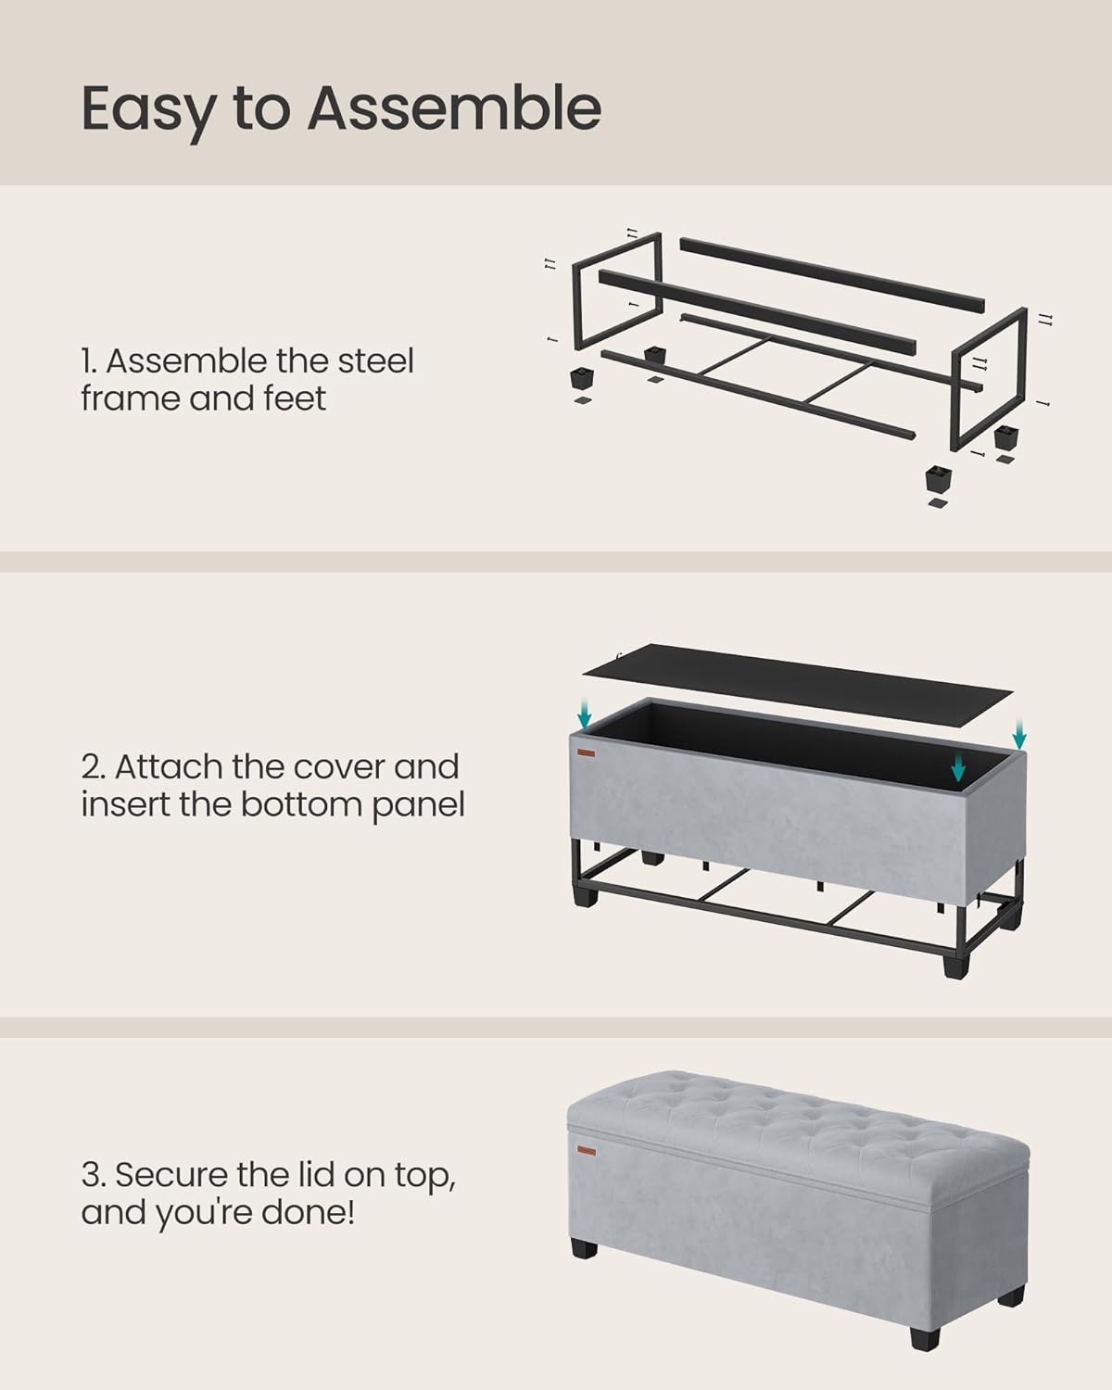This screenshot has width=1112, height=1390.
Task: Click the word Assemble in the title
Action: [x=454, y=108]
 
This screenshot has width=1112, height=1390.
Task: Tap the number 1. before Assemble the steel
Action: [x=89, y=361]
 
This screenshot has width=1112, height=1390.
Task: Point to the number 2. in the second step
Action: [x=93, y=767]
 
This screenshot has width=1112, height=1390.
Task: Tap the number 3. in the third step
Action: [x=94, y=1175]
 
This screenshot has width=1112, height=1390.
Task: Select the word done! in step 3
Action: [x=310, y=1212]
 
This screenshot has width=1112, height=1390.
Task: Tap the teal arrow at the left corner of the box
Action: [x=584, y=713]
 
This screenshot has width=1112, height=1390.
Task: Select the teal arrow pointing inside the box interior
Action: [x=958, y=765]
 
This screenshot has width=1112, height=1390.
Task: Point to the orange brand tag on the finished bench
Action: [x=586, y=1149]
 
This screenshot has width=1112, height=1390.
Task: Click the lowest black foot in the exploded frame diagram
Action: [x=937, y=480]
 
